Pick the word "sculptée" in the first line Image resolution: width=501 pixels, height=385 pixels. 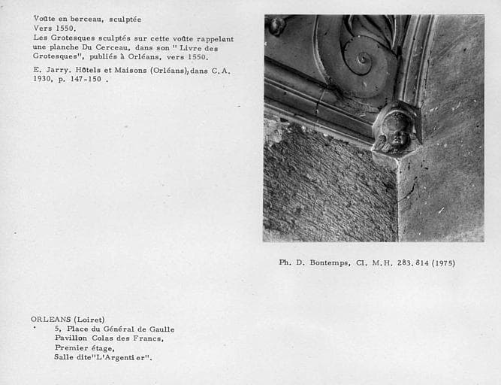tap(122, 19)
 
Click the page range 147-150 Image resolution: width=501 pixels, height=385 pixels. tap(83, 79)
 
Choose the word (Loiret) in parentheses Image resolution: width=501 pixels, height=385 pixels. tap(90, 320)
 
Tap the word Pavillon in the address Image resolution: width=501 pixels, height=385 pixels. tap(73, 338)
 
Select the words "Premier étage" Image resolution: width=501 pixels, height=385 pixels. tap(84, 348)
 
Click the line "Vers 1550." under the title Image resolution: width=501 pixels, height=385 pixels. tap(55, 29)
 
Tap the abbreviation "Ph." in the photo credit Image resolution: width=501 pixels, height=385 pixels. tap(285, 263)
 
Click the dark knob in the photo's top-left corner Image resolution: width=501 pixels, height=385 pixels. tap(276, 25)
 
